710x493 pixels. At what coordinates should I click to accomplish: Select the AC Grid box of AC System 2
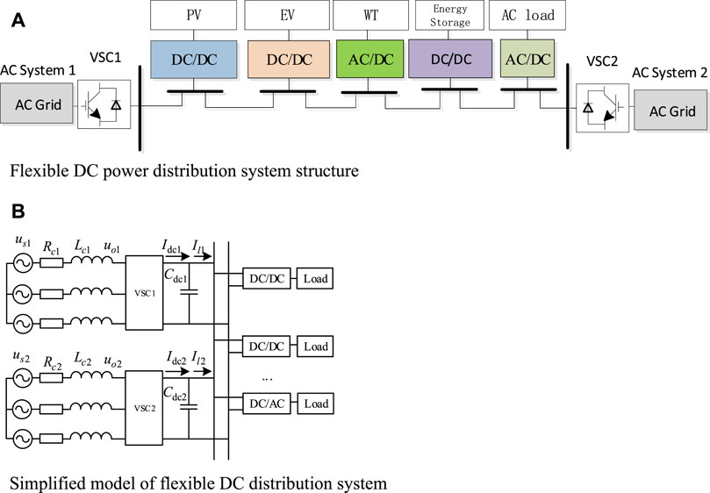tap(672, 111)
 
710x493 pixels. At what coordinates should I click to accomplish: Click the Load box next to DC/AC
tap(317, 404)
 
